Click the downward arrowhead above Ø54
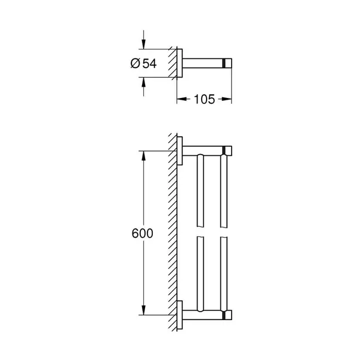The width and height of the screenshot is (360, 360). (143, 44)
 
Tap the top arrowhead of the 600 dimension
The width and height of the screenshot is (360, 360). (143, 155)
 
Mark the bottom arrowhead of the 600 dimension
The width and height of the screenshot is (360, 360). (143, 310)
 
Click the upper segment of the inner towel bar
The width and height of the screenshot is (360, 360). (201, 192)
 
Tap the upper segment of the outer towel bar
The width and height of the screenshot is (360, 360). (224, 192)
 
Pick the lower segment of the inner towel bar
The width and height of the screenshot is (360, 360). (201, 275)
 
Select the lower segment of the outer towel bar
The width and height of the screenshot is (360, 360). (224, 275)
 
